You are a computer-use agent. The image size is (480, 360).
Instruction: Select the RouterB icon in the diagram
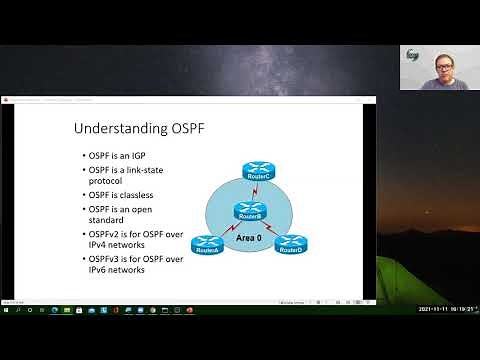[250, 210]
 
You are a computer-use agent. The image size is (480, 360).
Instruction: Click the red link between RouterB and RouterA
[228, 228]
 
